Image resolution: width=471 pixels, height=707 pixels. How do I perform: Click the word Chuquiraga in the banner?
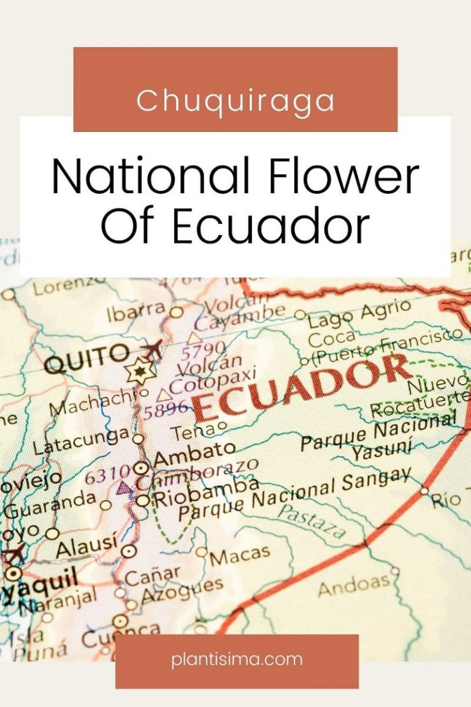pos(235,101)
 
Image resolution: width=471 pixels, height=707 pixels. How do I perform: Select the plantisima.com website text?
pos(237,660)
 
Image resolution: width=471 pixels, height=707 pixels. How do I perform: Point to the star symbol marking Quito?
pos(139,372)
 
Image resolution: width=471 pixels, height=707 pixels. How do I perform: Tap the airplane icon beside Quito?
pos(152,350)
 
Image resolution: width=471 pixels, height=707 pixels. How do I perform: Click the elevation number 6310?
pos(109,474)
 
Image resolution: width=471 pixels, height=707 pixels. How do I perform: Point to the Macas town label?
pos(239,555)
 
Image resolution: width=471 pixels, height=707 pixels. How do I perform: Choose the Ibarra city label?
pos(136,314)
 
